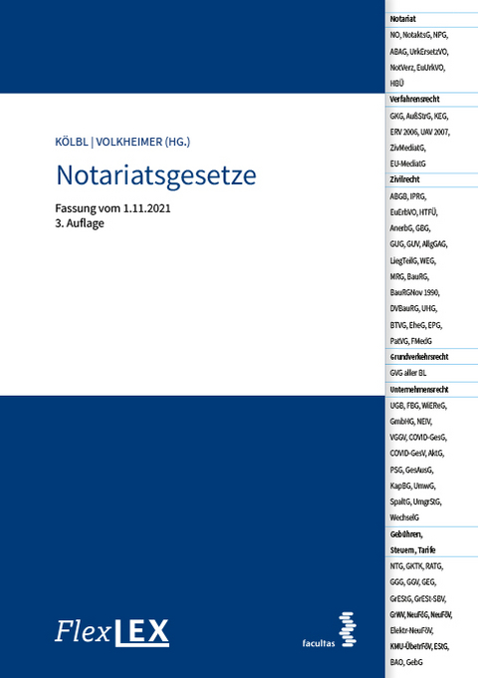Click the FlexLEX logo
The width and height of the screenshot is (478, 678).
coord(112,631)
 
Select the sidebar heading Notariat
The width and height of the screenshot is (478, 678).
coord(401,19)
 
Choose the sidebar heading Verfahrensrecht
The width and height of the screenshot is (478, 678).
coord(415,99)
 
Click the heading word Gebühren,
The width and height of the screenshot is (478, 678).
coord(407,533)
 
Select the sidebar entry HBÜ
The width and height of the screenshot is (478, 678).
coord(398,83)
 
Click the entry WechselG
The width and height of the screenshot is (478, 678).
coord(406,517)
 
